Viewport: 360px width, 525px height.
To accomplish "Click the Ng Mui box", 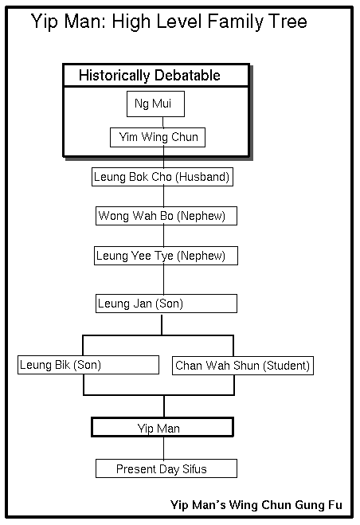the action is [x=155, y=104].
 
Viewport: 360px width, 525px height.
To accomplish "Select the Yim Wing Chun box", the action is [x=158, y=137].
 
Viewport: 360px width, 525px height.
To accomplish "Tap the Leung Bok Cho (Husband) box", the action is [x=162, y=177].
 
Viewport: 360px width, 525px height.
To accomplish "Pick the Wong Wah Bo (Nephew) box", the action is [x=166, y=216].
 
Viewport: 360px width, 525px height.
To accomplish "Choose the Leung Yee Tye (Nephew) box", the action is [x=166, y=256].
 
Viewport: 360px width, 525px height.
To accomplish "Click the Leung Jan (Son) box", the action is [x=166, y=304].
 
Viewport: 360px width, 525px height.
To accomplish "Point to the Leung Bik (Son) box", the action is [x=88, y=365].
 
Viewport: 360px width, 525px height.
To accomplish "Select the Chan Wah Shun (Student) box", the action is [x=243, y=366].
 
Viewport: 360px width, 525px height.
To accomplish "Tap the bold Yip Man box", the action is [x=162, y=427].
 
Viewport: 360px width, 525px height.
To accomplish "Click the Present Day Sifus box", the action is [x=166, y=468].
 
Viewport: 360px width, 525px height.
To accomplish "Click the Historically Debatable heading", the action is [x=150, y=76].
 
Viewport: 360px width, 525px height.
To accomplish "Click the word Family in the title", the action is [x=235, y=22].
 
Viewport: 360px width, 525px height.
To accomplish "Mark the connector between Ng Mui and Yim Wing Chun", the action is [x=163, y=122].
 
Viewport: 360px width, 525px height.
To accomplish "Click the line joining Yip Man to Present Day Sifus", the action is [x=164, y=448].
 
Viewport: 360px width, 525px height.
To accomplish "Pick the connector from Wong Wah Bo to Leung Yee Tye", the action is [x=164, y=236].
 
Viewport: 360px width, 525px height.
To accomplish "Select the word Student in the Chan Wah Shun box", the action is [x=286, y=366].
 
